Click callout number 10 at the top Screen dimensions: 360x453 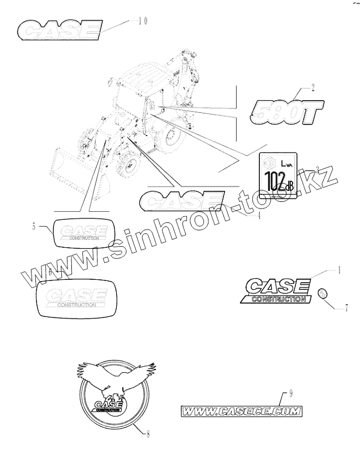tap(143, 21)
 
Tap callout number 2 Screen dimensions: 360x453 tap(313, 86)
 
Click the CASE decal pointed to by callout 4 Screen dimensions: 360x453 tap(183, 200)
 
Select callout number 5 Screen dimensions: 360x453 tap(34, 226)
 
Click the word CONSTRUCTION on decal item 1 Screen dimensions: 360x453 tap(277, 299)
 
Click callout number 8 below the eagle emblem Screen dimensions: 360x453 tap(148, 434)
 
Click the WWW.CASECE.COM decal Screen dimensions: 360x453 tap(242, 411)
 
